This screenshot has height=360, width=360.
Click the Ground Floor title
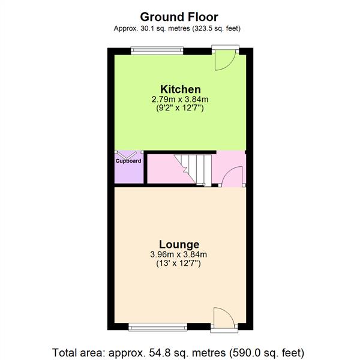coord(179,17)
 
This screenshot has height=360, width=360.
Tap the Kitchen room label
coord(180,89)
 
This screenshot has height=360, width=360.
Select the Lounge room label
coord(179,244)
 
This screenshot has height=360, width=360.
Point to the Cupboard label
coord(128,161)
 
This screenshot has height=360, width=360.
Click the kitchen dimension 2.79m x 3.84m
coord(180,100)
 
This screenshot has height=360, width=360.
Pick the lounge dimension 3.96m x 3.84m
coord(179,254)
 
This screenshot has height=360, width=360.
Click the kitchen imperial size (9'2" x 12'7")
coord(180,109)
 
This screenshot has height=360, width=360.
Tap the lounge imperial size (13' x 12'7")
coord(179,264)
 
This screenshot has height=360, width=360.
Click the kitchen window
coord(157,50)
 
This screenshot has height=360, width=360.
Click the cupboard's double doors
coord(128,154)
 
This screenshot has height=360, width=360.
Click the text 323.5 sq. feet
coord(217,28)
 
